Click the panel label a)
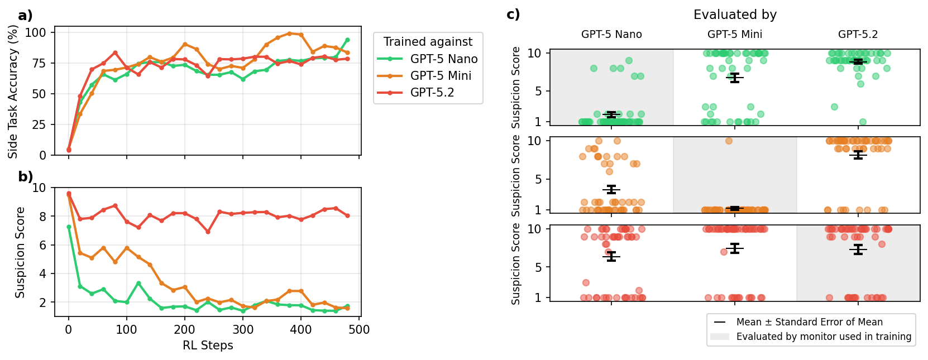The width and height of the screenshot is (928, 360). tap(25, 16)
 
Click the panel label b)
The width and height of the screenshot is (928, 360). tap(25, 177)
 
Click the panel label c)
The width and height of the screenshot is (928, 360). tap(513, 15)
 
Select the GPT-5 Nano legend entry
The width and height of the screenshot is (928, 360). tap(443, 59)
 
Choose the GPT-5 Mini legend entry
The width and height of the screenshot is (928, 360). tap(441, 76)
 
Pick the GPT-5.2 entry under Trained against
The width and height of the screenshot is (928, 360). tap(432, 93)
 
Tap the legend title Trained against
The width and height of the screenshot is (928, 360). tap(428, 42)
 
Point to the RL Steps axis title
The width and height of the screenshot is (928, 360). tap(208, 345)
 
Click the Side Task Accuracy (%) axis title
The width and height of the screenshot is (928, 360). tap(13, 92)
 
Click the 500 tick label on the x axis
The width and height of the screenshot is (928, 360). tap(359, 330)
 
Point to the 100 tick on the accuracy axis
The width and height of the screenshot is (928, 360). tap(35, 32)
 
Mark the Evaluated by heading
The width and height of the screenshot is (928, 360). tap(735, 15)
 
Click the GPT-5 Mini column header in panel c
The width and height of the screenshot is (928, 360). tap(734, 35)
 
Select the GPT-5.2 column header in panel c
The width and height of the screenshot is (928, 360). tap(858, 35)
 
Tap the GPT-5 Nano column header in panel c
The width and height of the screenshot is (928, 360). tap(611, 35)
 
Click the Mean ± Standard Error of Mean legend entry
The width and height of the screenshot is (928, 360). tap(809, 322)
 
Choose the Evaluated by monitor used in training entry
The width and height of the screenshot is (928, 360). tap(824, 337)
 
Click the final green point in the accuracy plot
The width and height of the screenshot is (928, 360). tap(347, 40)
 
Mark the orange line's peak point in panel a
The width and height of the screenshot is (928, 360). tap(289, 33)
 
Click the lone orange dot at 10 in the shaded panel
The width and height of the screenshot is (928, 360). tap(729, 141)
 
